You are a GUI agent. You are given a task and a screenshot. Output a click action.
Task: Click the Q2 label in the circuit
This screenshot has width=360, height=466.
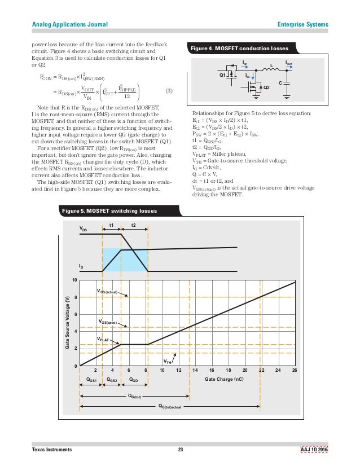[267, 87]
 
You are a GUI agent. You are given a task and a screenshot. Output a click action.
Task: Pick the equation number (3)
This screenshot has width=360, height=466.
[168, 91]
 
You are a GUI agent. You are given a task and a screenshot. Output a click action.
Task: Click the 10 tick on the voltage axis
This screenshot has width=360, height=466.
[74, 280]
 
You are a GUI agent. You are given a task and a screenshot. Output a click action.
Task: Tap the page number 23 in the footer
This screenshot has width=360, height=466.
[181, 449]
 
